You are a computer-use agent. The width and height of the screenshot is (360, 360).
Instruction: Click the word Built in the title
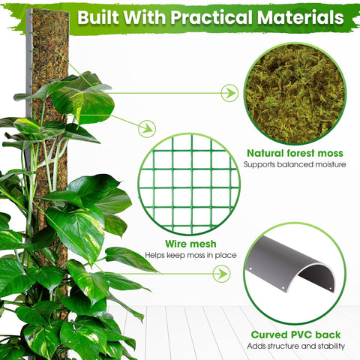pos(98,17)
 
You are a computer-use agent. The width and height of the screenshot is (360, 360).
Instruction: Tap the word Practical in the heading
pos(211,17)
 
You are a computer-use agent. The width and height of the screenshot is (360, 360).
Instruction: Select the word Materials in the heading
pos(301,17)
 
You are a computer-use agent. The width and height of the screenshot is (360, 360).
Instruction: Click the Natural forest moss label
pos(295,153)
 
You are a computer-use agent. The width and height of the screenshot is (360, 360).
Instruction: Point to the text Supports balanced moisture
pos(295,164)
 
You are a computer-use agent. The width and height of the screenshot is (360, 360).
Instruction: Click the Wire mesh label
pos(190,244)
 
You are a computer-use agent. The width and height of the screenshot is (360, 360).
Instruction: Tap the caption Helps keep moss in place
pos(190,255)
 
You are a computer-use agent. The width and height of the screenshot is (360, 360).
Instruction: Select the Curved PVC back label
pos(295,334)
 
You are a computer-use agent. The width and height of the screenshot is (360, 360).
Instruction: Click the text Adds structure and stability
pos(296,346)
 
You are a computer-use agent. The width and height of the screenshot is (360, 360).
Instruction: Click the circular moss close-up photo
pos(295,94)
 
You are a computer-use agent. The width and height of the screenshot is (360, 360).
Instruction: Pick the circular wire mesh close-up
pos(189,184)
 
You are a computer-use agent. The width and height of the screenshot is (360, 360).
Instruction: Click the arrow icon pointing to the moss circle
pos(229,93)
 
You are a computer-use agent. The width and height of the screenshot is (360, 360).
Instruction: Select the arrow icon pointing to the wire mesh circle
pos(147,129)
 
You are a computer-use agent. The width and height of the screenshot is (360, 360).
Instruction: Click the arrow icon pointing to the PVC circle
pos(221,274)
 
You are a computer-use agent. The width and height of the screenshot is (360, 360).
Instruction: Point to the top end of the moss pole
pos(47,10)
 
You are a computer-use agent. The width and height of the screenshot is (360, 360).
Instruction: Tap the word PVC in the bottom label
pos(302,334)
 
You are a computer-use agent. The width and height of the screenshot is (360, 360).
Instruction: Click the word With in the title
pos(145,17)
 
